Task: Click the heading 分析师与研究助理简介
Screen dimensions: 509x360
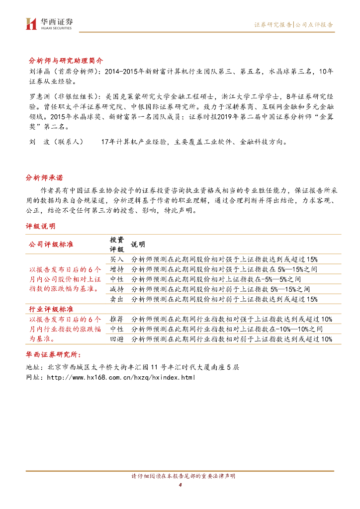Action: point(66,60)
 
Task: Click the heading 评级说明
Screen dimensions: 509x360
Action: point(41,226)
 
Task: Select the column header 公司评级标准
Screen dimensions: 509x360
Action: point(51,245)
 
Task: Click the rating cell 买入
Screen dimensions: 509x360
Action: point(117,259)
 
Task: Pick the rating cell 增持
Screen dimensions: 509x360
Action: point(117,269)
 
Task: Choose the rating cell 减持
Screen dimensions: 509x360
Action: point(117,289)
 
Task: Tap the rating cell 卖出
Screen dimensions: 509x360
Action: point(117,299)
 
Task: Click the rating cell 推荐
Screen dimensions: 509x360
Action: point(117,319)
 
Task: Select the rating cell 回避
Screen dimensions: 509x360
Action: point(117,339)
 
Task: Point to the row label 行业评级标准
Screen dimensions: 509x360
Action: point(51,309)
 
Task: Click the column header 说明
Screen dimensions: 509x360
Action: point(138,245)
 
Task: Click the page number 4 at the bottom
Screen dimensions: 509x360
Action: point(180,485)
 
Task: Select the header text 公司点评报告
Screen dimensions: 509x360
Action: point(314,24)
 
